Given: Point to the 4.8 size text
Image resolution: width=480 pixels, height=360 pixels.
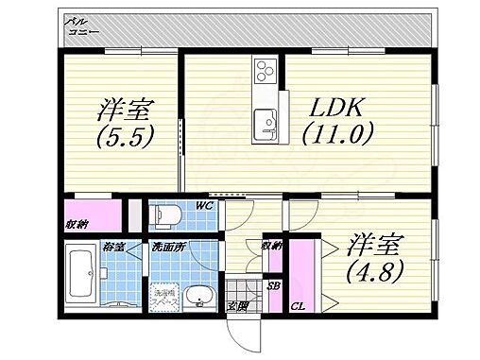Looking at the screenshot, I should coord(376,271).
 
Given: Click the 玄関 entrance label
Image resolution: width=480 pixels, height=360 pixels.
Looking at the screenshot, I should coord(238,305).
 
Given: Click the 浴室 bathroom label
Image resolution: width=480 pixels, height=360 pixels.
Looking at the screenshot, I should coord(113,248).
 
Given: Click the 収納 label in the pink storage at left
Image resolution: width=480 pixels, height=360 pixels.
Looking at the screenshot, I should coord(77,224).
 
